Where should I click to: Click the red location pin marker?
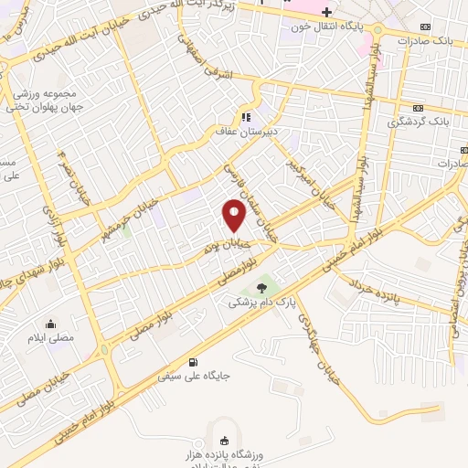pos(234,215)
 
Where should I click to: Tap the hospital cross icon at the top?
pos(326,11)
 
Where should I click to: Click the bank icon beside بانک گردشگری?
pos(419,108)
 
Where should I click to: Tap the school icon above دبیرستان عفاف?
pos(245,117)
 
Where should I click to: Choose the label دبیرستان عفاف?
pos(244,132)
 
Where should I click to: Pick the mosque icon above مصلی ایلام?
pos(49,323)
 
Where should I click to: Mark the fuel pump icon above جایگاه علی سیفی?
pos(193,362)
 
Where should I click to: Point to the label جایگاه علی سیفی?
pos(193,376)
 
